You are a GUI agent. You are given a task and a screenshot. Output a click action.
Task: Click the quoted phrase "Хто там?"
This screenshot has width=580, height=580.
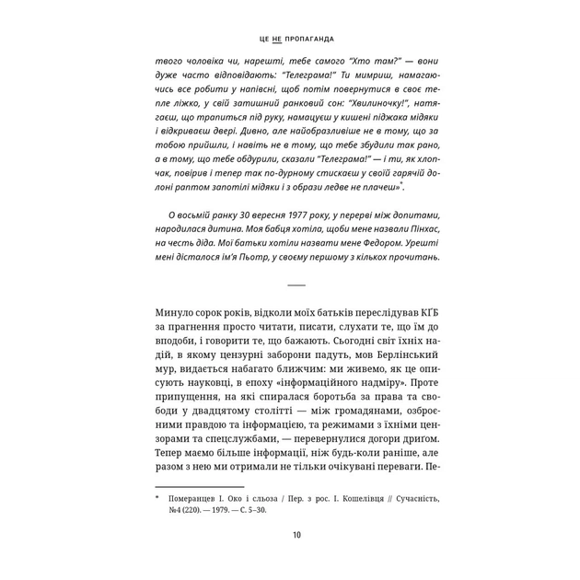373,63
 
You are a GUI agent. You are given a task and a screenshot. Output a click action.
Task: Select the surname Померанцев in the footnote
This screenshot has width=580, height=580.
200,498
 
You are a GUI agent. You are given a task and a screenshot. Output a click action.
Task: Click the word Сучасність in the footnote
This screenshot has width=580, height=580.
409,498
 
